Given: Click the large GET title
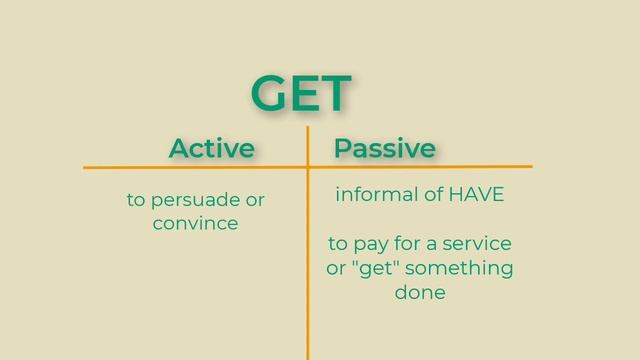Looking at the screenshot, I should click(x=301, y=93).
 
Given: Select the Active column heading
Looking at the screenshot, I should click(x=211, y=148).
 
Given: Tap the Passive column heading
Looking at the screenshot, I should click(x=385, y=148).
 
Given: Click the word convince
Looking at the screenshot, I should click(x=195, y=223).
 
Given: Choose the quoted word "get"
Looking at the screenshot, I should click(x=374, y=268).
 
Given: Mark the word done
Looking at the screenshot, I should click(x=420, y=293).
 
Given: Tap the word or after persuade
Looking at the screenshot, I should click(x=255, y=200).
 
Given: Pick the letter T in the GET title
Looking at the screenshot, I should click(x=335, y=93).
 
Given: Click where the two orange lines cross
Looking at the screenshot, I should click(x=307, y=166).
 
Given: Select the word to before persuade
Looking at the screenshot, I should click(x=136, y=201).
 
